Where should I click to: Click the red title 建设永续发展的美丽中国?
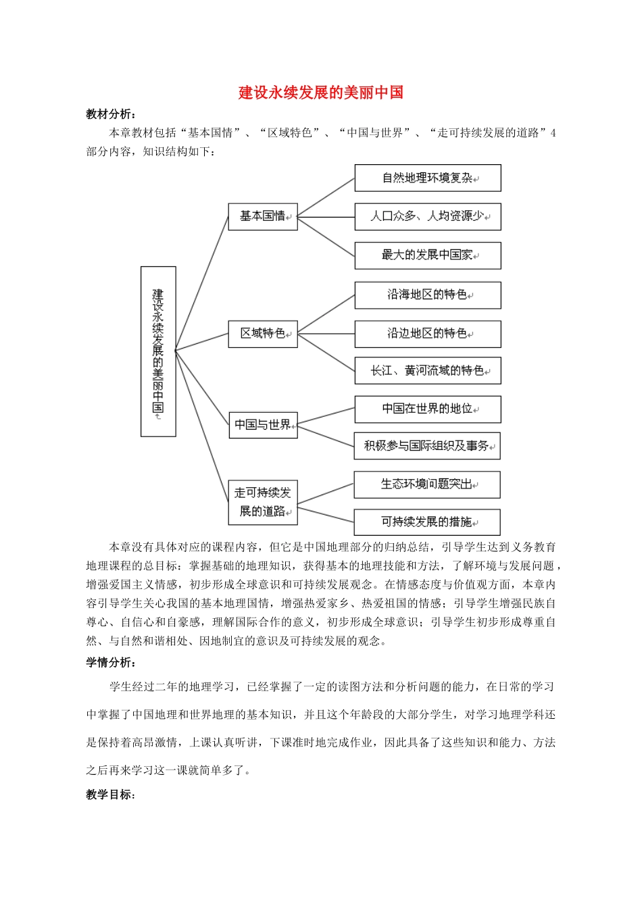(x=320, y=93)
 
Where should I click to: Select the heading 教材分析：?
(x=111, y=114)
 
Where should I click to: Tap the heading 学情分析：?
(x=111, y=663)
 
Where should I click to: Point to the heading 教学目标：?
(x=111, y=794)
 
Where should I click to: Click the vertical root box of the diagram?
(x=158, y=351)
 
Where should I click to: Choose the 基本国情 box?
(x=263, y=217)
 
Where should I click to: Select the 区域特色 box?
(x=263, y=334)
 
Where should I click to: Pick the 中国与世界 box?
(x=263, y=425)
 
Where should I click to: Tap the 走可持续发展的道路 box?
(x=263, y=502)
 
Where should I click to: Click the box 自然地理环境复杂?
(x=428, y=178)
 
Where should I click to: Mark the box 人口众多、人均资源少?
(x=428, y=217)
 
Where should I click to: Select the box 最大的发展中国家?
(x=428, y=255)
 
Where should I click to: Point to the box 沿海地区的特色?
(x=428, y=295)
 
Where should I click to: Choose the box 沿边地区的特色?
(x=428, y=334)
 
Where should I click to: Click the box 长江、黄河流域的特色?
(x=428, y=371)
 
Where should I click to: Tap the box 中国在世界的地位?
(x=428, y=409)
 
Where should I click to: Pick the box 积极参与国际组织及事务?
(x=428, y=446)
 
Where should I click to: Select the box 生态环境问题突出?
(x=427, y=484)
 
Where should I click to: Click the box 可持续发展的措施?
(x=427, y=522)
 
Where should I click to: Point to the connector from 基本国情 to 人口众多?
(x=326, y=217)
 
